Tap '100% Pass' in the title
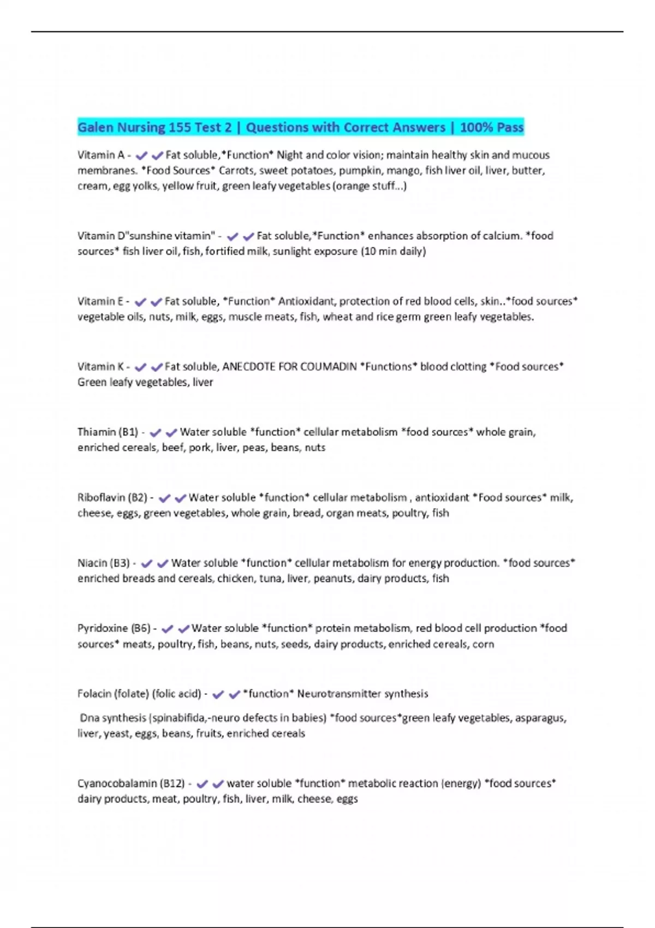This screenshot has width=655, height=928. (x=492, y=128)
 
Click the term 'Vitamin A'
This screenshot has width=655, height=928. (x=100, y=155)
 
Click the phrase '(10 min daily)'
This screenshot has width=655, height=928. (x=393, y=251)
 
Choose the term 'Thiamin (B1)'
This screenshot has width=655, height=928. (x=108, y=432)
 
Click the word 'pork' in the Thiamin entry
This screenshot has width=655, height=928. (x=199, y=448)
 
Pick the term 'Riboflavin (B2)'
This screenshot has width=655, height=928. (x=112, y=498)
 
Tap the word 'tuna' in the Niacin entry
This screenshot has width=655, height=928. (x=270, y=579)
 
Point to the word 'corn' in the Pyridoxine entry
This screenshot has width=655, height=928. (x=483, y=644)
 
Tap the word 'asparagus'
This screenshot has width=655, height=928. (x=543, y=718)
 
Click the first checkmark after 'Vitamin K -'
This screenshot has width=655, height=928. (x=140, y=367)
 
